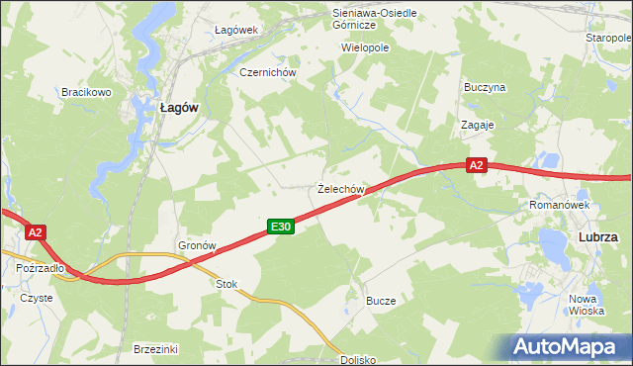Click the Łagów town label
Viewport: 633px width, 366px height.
point(181,110)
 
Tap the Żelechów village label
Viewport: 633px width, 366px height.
point(342,188)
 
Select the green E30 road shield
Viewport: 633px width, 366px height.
point(281,228)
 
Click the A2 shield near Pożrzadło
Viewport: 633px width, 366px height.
point(35,232)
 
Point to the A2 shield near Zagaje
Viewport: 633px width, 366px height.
point(477,166)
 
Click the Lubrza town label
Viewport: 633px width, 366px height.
point(597,237)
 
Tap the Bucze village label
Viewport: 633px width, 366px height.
point(381,300)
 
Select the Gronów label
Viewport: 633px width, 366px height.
point(197,244)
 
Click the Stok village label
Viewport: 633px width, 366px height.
point(227,284)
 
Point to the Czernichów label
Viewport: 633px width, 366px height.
point(262,72)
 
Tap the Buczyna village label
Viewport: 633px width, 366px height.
point(485,87)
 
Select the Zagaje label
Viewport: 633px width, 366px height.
point(478,126)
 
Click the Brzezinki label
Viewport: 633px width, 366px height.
point(155,348)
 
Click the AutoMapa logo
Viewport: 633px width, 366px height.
point(569,346)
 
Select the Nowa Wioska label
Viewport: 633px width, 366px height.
point(587,304)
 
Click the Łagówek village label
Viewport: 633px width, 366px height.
point(236,30)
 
